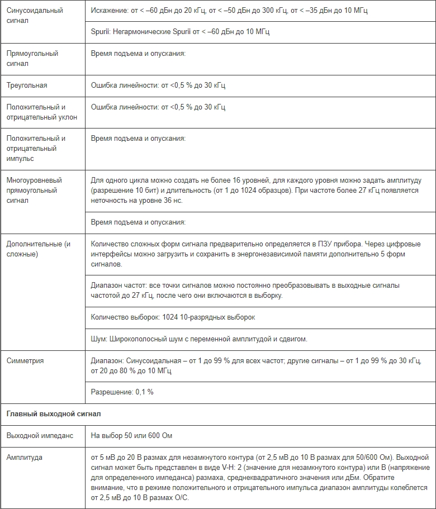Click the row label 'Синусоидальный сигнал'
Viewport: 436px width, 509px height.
point(34,16)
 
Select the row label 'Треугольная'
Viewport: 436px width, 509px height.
point(26,85)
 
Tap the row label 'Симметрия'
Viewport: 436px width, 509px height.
point(25,361)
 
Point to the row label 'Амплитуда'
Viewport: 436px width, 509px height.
point(24,458)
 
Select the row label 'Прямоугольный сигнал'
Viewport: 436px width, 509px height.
point(32,59)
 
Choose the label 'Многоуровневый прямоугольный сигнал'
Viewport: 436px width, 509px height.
point(34,191)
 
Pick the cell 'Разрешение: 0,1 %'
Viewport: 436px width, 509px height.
point(122,392)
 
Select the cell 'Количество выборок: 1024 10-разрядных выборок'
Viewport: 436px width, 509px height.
point(173,317)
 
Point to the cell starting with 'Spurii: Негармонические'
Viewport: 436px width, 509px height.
point(180,32)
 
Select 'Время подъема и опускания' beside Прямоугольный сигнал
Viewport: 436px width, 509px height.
point(138,54)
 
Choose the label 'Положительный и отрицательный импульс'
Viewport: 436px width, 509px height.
point(36,148)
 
